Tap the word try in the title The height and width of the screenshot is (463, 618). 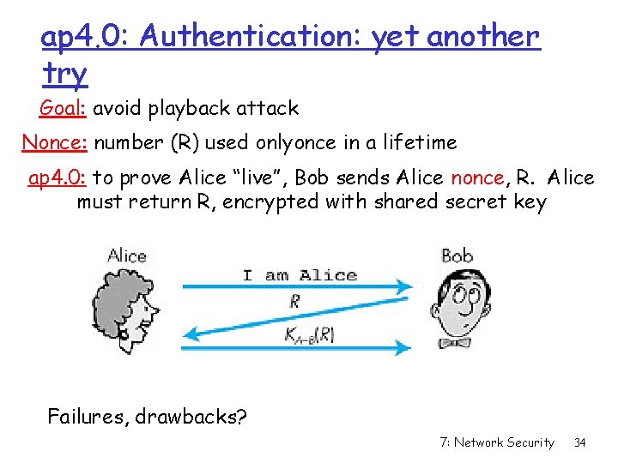[x=64, y=75]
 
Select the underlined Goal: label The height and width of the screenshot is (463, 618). [x=64, y=109]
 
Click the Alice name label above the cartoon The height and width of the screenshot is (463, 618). [x=127, y=256]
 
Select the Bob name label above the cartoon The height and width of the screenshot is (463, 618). [x=457, y=256]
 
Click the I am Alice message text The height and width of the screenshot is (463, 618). [x=300, y=275]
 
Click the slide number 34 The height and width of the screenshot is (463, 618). [x=579, y=442]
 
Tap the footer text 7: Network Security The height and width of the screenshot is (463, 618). [x=496, y=442]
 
